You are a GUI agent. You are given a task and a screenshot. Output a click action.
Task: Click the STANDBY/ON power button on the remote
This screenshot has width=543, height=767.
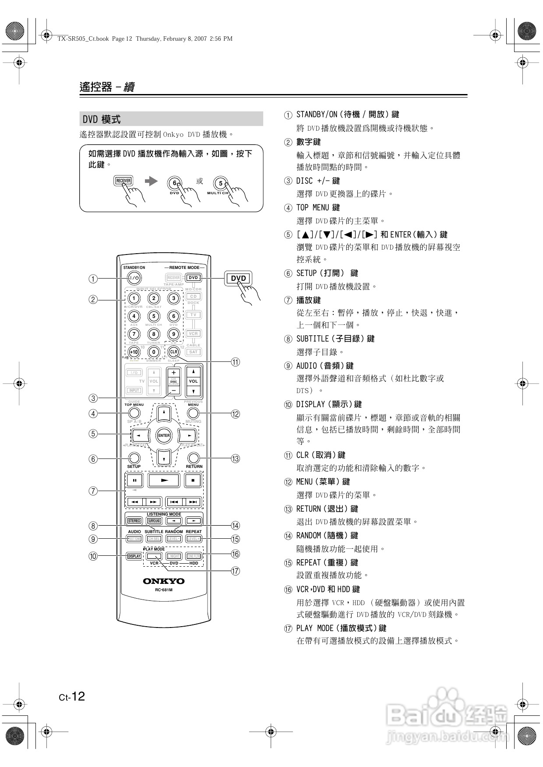pyautogui.click(x=134, y=278)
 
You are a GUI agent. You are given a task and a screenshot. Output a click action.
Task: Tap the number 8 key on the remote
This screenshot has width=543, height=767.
pyautogui.click(x=154, y=334)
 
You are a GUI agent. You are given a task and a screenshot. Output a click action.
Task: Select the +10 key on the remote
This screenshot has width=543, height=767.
pyautogui.click(x=134, y=352)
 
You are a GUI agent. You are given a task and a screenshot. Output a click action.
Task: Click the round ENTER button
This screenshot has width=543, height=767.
pyautogui.click(x=164, y=436)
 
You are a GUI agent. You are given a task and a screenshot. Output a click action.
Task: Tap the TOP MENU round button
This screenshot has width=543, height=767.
pyautogui.click(x=134, y=413)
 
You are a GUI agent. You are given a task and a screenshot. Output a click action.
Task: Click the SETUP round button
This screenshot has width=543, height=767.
pyautogui.click(x=134, y=458)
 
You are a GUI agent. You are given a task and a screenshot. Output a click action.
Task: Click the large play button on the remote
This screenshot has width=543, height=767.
pyautogui.click(x=164, y=480)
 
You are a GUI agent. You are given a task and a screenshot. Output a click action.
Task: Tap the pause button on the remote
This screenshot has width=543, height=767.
pyautogui.click(x=135, y=480)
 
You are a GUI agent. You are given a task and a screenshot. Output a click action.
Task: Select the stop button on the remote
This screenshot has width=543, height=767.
pyautogui.click(x=193, y=480)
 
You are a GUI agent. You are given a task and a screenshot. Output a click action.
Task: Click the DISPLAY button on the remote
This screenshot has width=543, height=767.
pyautogui.click(x=134, y=556)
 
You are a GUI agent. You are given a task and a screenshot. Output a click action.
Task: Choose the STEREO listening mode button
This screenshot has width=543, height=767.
pyautogui.click(x=134, y=521)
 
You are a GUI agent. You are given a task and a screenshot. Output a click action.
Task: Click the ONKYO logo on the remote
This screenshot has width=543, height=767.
pyautogui.click(x=164, y=581)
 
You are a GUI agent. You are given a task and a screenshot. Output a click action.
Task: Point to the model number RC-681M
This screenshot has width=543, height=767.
pyautogui.click(x=164, y=590)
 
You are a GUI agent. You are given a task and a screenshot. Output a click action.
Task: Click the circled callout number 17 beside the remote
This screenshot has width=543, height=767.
pyautogui.click(x=236, y=571)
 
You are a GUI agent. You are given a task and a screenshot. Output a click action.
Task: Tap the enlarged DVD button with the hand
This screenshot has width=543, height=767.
pyautogui.click(x=238, y=279)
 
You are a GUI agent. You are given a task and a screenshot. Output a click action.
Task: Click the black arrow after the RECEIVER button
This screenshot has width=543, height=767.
pyautogui.click(x=151, y=181)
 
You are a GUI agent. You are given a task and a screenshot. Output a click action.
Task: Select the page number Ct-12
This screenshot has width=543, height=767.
pyautogui.click(x=72, y=697)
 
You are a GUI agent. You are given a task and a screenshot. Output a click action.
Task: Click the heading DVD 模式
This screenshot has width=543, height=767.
pyautogui.click(x=102, y=119)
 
